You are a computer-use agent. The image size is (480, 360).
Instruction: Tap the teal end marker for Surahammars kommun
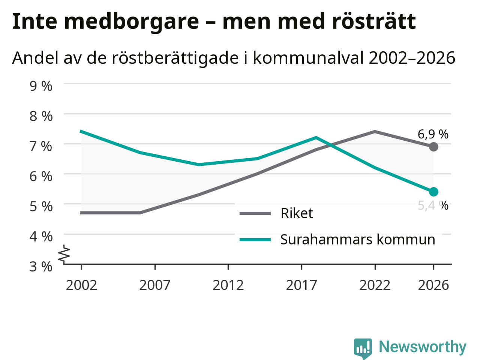coord(433,192)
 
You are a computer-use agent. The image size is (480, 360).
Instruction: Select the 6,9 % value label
coord(433,134)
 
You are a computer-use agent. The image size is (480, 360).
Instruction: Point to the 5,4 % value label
coord(433,205)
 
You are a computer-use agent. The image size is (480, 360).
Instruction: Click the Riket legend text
coord(297,213)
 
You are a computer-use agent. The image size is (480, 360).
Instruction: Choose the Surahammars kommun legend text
coord(357,240)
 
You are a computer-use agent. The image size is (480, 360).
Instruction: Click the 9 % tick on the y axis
coord(41,86)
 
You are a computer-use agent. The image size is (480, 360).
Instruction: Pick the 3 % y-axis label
coord(41,267)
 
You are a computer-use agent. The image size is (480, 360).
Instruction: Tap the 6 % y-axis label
coord(41,176)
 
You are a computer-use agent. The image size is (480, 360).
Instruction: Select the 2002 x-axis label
coord(81,285)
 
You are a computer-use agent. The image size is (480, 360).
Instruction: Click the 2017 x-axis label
coord(301,285)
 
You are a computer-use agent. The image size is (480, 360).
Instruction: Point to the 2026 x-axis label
coord(433,285)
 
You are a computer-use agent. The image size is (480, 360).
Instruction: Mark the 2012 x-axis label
coord(228,285)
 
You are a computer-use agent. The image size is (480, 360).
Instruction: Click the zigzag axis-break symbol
coord(64,253)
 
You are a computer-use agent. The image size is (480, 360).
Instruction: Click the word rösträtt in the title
coord(374,21)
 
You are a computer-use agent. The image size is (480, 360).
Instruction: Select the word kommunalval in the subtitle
coord(308,58)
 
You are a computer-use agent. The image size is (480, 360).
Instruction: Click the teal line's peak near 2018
coord(316,138)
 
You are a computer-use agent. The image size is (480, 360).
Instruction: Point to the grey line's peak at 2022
coord(375,132)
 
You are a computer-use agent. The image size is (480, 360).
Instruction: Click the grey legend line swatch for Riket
coord(255,213)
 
